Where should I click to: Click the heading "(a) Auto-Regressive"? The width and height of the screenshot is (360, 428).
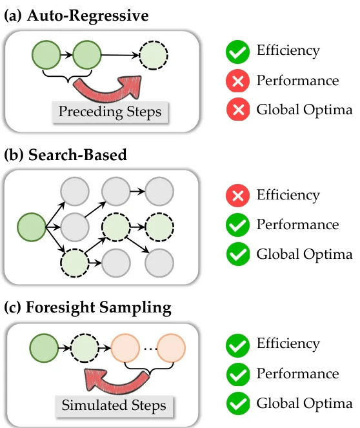pos(76,15)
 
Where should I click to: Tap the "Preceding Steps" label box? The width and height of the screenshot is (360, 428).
pos(110,112)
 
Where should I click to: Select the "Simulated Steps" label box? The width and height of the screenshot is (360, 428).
pos(114,405)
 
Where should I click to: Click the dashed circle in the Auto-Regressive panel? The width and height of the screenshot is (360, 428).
pos(154,55)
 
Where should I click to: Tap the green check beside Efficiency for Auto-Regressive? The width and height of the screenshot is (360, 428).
pos(237,52)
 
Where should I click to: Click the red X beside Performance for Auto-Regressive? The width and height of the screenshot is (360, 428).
pos(237,81)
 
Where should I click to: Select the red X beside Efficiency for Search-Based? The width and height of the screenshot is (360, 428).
pos(237,196)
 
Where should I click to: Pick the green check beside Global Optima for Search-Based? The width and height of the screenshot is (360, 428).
pos(238,254)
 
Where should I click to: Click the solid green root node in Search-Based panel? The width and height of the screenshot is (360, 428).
pos(32,227)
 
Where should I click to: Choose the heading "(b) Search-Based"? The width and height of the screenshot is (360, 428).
pos(65,155)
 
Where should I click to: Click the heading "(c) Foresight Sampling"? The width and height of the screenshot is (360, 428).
pos(88,308)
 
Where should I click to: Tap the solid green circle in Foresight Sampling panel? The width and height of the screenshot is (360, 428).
pos(44,348)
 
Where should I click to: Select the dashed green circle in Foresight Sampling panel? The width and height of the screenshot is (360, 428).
pos(85,348)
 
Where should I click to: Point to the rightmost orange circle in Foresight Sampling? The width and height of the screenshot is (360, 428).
pos(171,348)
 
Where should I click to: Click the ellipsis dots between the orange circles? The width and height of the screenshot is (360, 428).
pos(150,349)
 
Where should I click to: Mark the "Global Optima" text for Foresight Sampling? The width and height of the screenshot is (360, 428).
pos(305,403)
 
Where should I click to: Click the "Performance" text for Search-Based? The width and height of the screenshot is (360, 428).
pos(297,225)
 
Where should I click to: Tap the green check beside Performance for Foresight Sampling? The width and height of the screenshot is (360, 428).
pos(238,374)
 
